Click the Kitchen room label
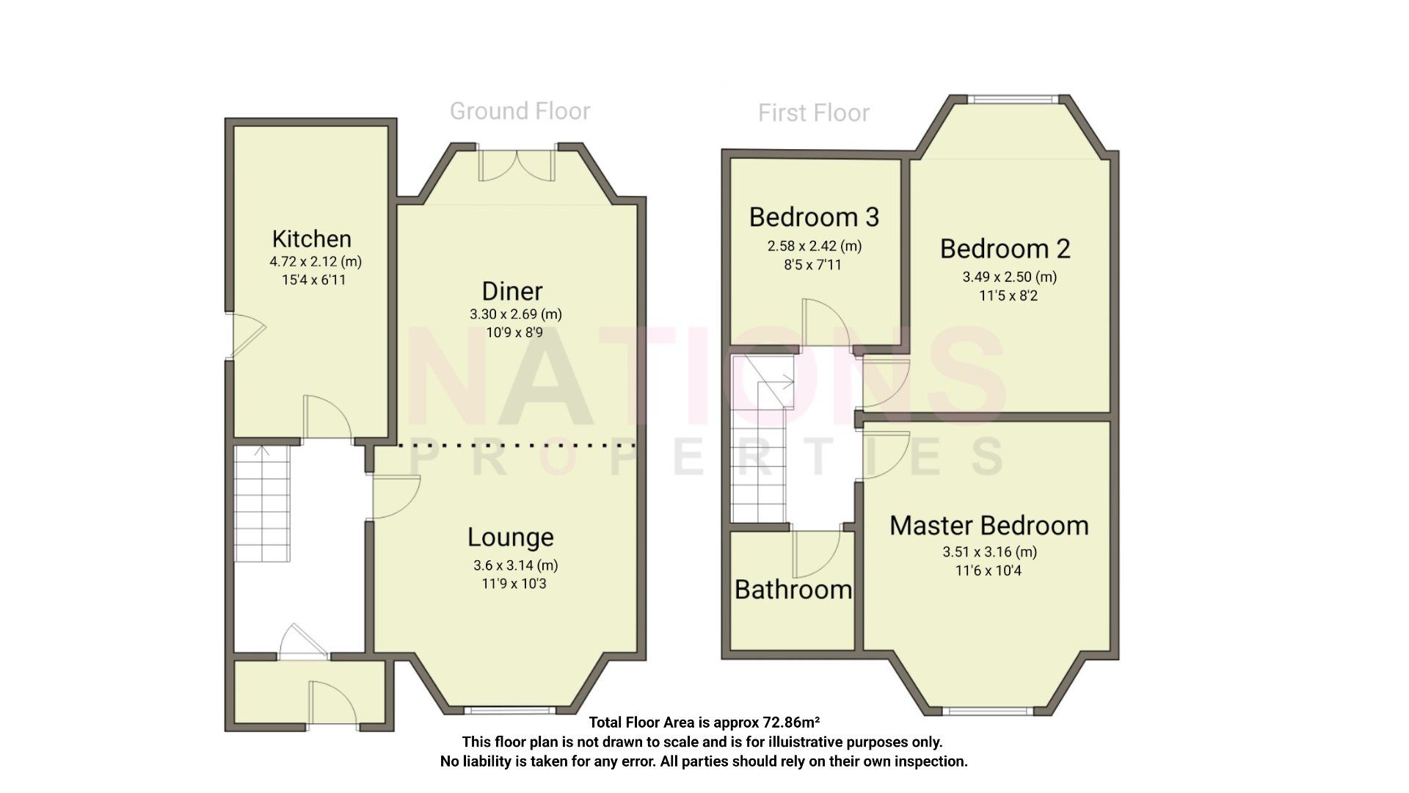coord(311,239)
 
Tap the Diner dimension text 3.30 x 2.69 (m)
coord(515,314)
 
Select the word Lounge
coord(510,537)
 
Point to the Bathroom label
coord(793,590)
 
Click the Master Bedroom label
coord(989,526)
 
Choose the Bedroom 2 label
coord(1005,249)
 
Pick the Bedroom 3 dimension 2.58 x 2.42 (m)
coord(814,246)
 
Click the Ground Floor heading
coord(520,112)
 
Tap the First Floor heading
coord(813,113)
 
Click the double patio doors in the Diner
coord(517,164)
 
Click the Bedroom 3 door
coord(826,323)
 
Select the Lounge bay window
coord(510,709)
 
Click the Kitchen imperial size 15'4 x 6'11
coord(313,280)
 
